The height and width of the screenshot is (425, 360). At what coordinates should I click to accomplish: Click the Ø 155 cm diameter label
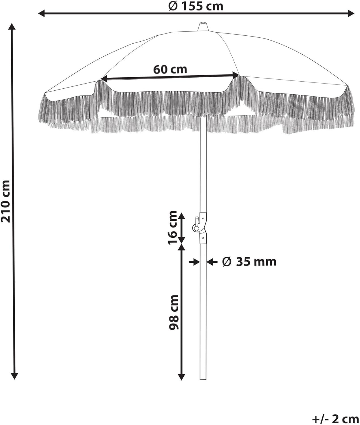point(196,6)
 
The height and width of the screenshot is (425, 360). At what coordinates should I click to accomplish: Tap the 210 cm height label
point(6,201)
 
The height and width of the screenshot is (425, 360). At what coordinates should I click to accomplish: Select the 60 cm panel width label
point(170,69)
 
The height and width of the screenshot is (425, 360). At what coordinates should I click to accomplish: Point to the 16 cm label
point(173,228)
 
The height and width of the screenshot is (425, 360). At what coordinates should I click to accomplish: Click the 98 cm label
point(174,312)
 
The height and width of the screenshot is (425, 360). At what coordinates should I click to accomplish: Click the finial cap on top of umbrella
point(203,27)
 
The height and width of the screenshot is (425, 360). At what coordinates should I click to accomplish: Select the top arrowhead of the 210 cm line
point(12,27)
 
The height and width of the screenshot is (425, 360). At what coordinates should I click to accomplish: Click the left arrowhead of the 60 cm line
point(104,79)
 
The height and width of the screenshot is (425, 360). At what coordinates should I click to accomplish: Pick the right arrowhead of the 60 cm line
point(236,75)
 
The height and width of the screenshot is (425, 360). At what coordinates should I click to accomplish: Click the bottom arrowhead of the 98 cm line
point(181,377)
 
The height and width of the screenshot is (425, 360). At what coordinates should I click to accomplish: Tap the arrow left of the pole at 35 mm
point(194,262)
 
